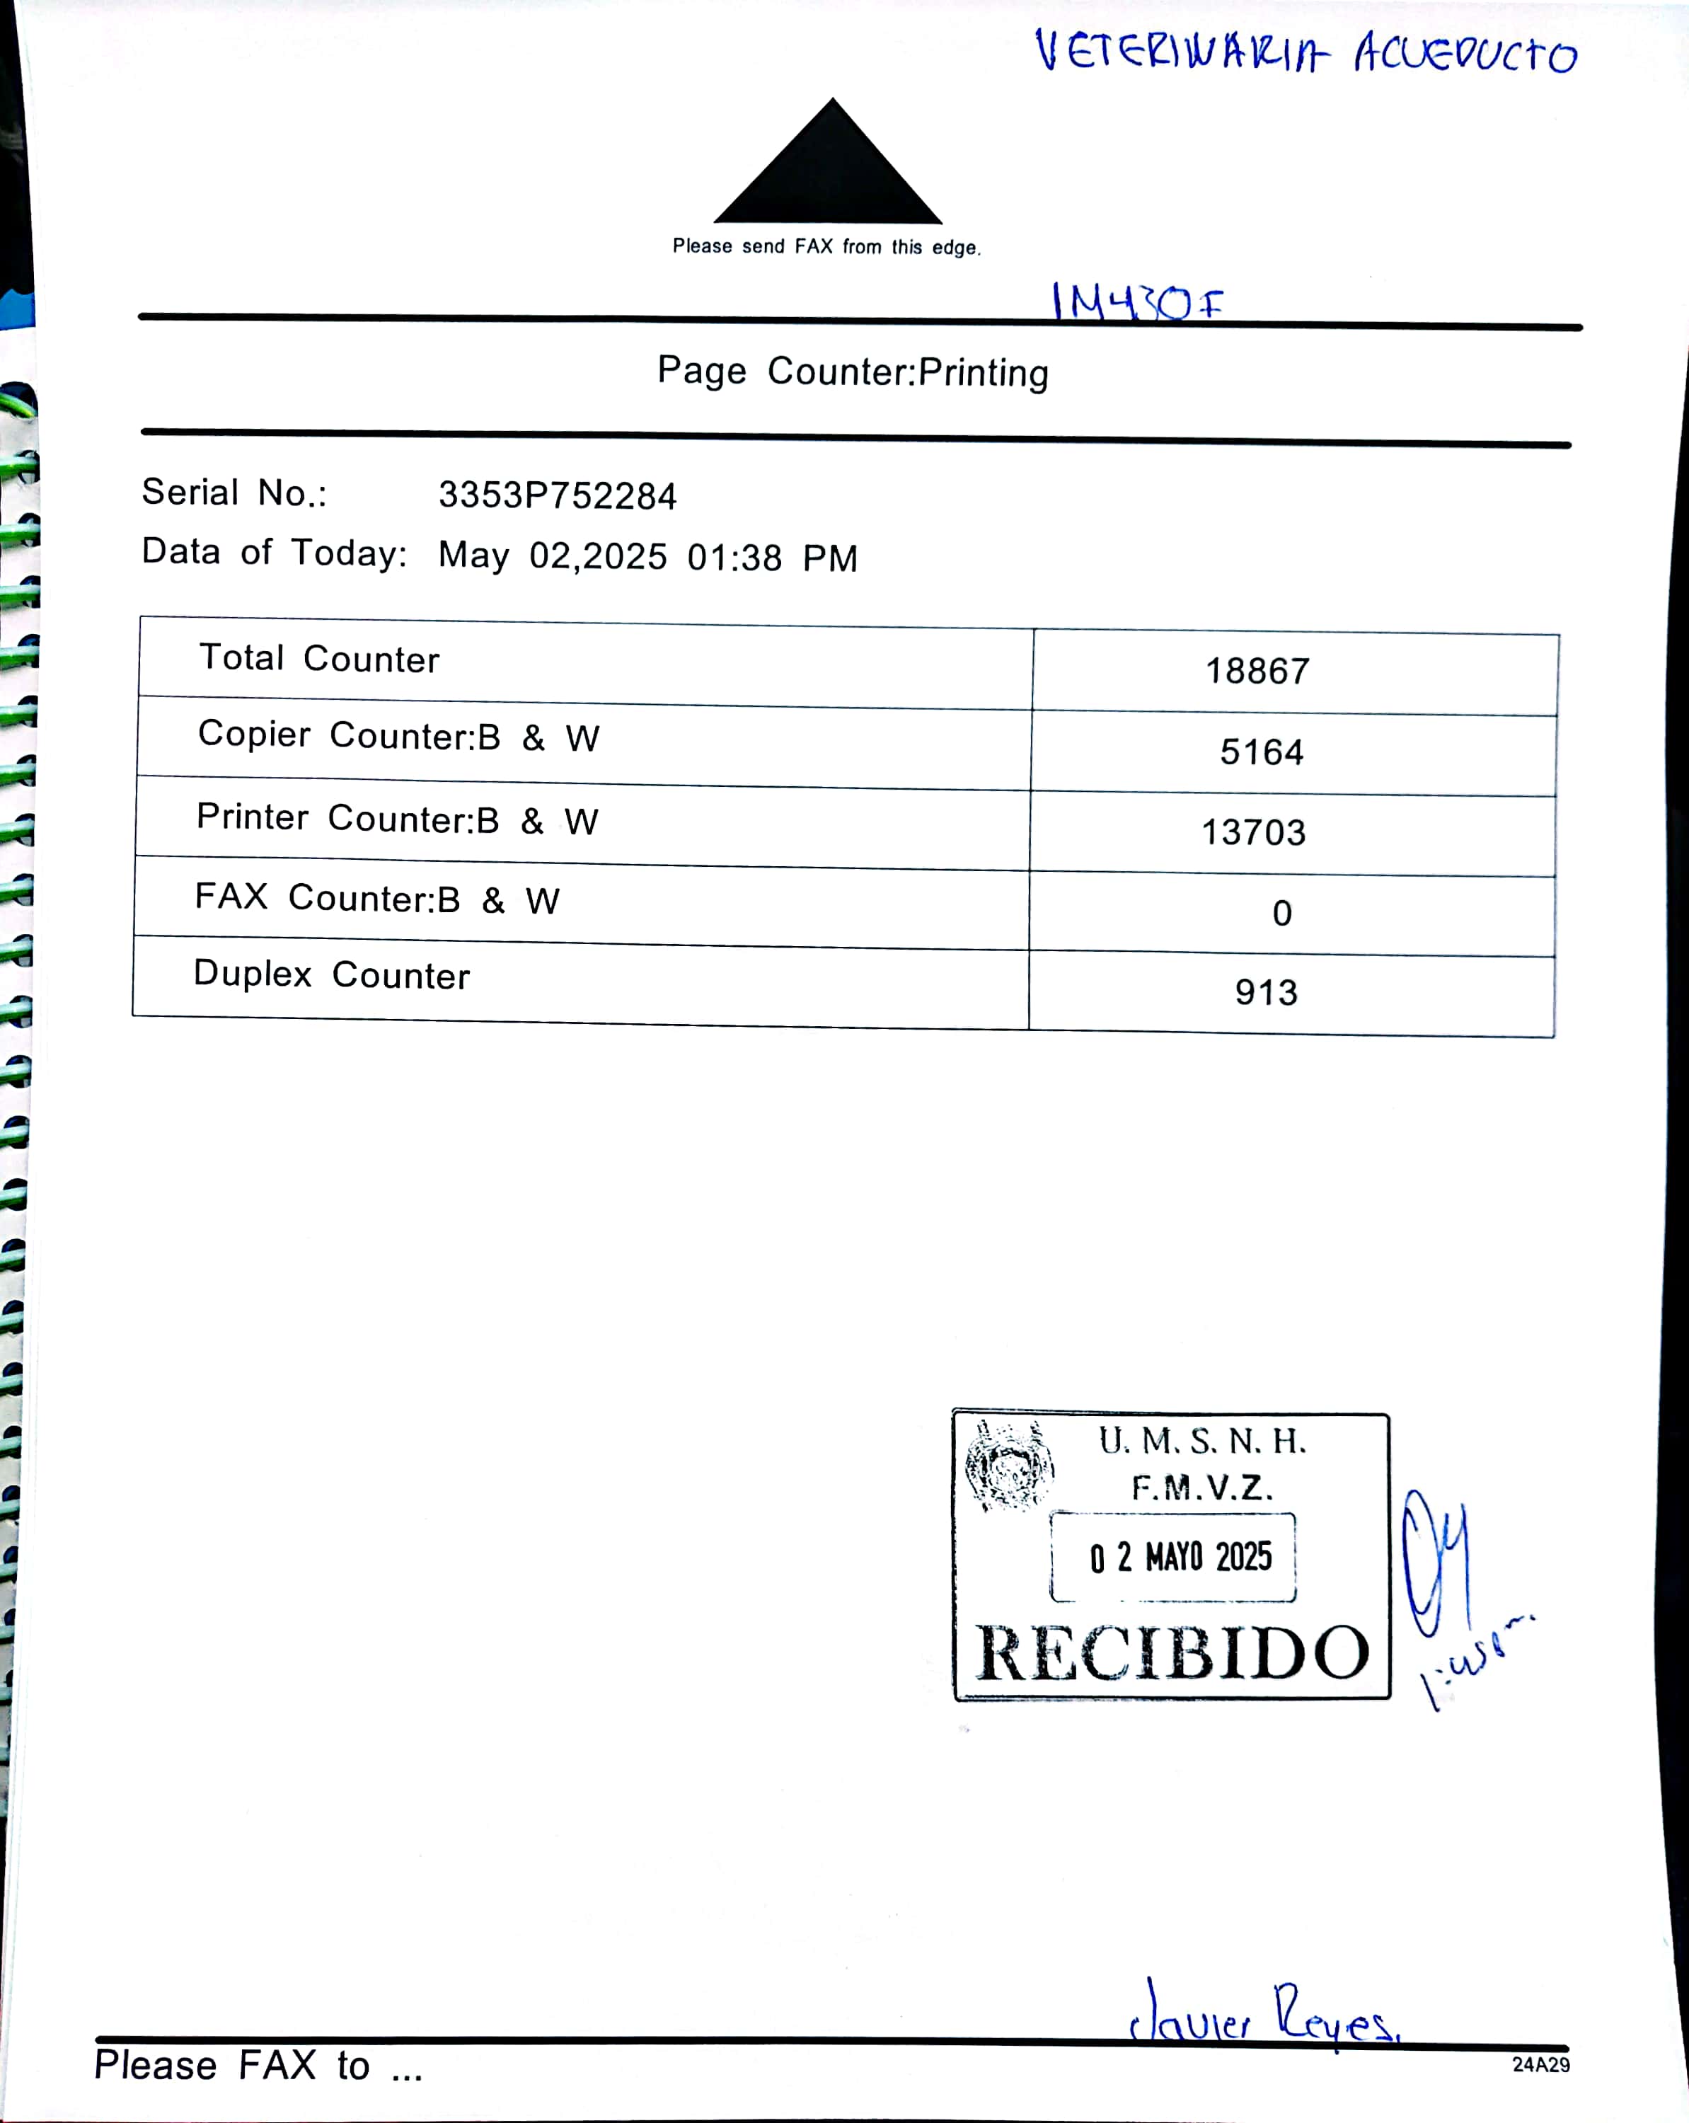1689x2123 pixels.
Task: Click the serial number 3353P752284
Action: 558,495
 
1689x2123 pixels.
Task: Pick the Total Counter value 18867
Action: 1257,672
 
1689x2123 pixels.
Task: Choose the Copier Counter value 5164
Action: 1262,752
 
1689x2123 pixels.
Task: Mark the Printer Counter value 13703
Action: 1254,833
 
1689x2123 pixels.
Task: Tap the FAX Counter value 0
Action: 1281,914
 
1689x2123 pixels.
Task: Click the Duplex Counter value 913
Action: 1267,993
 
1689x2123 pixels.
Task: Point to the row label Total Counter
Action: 319,657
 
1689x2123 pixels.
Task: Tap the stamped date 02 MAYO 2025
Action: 1180,1557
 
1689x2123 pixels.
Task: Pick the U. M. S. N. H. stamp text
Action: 1202,1442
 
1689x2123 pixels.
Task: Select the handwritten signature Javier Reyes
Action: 1264,2018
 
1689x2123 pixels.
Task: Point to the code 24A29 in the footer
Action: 1540,2065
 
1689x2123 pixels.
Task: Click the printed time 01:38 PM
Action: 772,558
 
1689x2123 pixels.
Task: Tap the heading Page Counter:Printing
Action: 853,372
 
